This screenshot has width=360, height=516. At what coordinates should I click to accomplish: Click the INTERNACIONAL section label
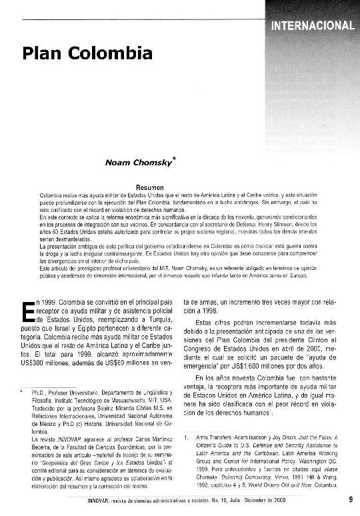[x=312, y=26]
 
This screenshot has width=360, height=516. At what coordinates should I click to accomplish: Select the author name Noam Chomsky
[x=138, y=161]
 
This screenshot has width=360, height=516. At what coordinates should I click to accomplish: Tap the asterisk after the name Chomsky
[x=173, y=157]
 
